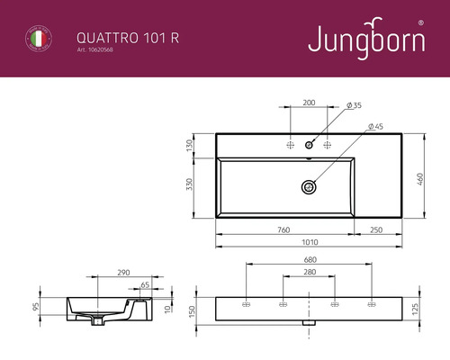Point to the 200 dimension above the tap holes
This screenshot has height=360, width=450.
click(x=309, y=103)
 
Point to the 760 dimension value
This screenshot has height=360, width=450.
click(x=283, y=231)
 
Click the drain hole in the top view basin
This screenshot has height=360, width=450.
click(x=308, y=187)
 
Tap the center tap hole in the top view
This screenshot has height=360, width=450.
click(x=308, y=144)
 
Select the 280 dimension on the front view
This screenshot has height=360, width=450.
click(x=309, y=273)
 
